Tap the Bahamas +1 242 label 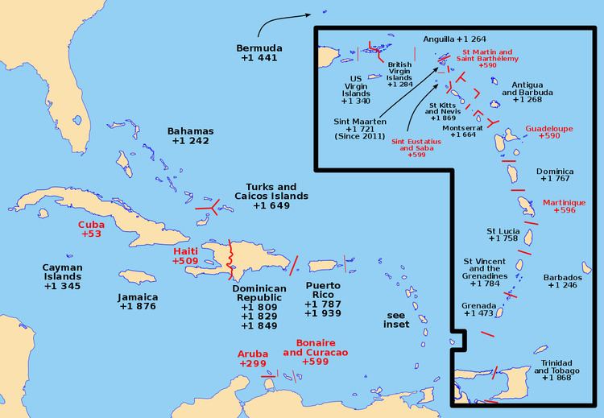pyautogui.click(x=191, y=135)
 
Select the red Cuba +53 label pyautogui.click(x=91, y=229)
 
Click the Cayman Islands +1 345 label pyautogui.click(x=62, y=276)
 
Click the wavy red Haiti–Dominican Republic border pyautogui.click(x=231, y=258)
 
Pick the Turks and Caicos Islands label pyautogui.click(x=265, y=196)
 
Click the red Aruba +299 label pyautogui.click(x=253, y=358)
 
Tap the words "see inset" pyautogui.click(x=397, y=319)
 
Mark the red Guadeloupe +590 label pyautogui.click(x=549, y=132)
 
